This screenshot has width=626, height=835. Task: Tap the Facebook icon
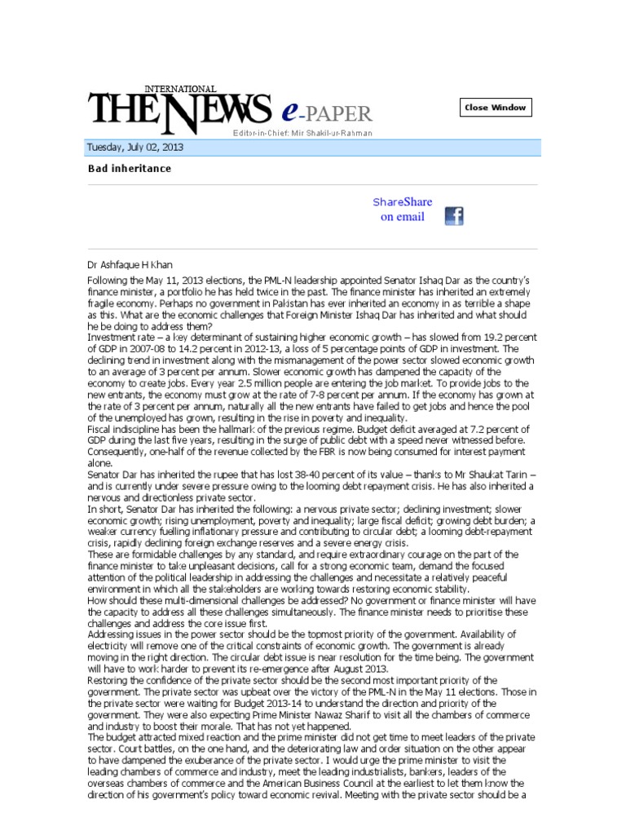point(454,216)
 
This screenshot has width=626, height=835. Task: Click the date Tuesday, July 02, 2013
point(135,148)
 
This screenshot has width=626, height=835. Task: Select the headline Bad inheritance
point(130,168)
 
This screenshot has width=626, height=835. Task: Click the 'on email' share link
point(403,217)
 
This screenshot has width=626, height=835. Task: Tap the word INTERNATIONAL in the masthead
point(180,88)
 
